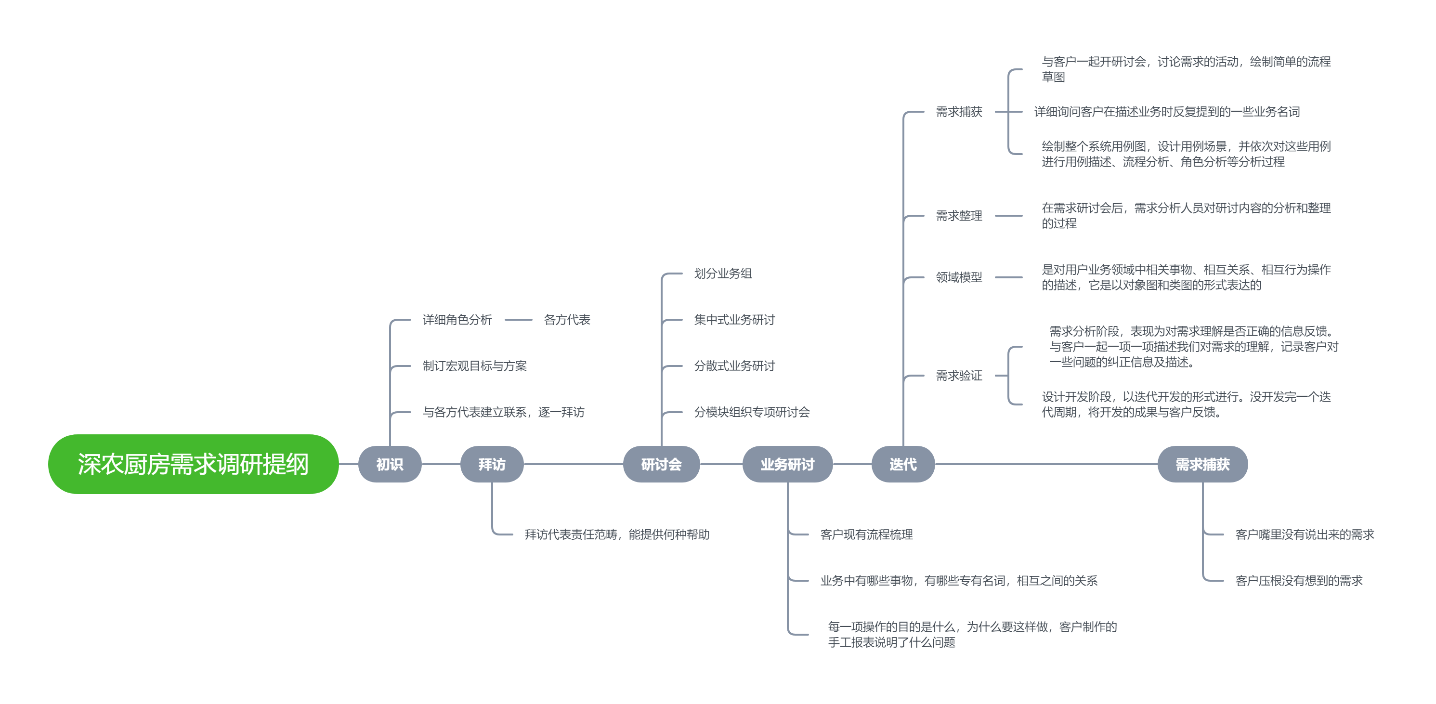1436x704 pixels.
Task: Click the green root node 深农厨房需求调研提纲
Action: click(193, 464)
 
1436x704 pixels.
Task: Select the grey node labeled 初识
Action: click(389, 464)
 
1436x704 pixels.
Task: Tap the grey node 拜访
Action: click(491, 464)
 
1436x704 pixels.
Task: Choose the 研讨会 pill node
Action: click(661, 464)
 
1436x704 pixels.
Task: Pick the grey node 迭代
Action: click(902, 464)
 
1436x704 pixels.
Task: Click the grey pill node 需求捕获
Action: click(1202, 464)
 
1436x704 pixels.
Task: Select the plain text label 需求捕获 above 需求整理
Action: click(958, 112)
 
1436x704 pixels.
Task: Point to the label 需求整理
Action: click(958, 216)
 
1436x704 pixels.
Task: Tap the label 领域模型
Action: click(958, 277)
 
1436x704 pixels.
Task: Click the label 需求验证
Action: click(958, 376)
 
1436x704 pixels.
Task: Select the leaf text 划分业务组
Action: click(722, 273)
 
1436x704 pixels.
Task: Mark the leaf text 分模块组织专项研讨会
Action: click(751, 412)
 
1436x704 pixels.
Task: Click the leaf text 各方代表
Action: click(566, 319)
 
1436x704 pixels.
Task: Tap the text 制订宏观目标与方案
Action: click(474, 365)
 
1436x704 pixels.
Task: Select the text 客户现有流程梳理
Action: click(866, 534)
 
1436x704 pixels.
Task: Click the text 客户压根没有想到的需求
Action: click(1298, 580)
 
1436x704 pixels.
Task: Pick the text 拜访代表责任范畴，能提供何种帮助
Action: click(616, 534)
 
